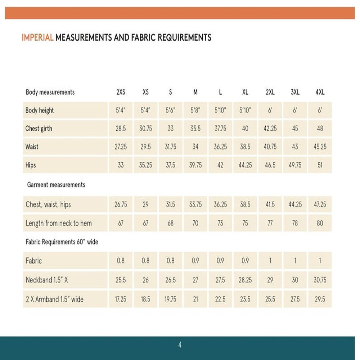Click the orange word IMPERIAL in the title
37,37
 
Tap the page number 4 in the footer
180,345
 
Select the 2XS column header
121,92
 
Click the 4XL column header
320,92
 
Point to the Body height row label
40,111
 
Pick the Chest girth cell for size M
195,129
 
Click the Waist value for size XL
245,147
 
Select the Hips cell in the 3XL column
295,166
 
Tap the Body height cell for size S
170,111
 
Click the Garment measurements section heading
56,185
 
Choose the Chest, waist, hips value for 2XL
270,204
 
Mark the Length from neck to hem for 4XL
320,223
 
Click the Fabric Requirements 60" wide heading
62,242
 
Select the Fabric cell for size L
220,261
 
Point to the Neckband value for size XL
245,280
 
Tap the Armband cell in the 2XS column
121,299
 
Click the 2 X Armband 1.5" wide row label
54,299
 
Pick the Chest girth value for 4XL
320,129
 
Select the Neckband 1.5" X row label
47,280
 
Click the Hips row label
31,166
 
